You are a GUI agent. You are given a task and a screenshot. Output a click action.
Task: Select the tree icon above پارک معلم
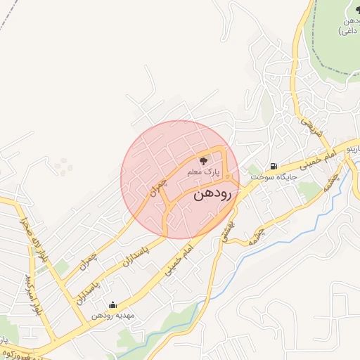tap(204, 162)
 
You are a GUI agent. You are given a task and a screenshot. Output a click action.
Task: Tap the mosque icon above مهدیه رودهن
tap(112, 304)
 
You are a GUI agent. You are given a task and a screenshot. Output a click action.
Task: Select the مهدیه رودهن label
tap(112, 315)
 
